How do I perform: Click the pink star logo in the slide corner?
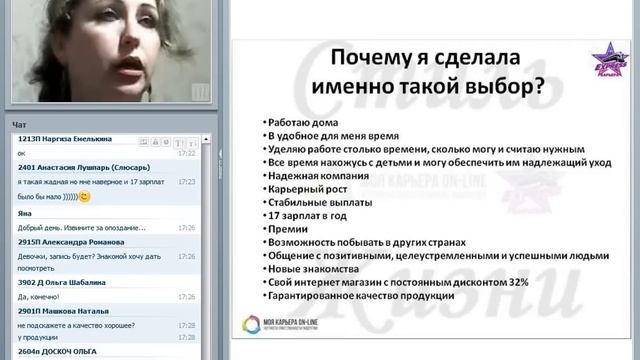coord(607,56)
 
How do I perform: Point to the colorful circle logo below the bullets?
coord(251,325)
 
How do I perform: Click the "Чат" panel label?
coord(20,124)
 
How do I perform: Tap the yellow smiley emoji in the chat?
coord(84,197)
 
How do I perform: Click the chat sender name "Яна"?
coord(26,213)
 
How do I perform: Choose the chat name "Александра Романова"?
coord(83,241)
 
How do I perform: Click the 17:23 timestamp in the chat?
coord(187,182)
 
